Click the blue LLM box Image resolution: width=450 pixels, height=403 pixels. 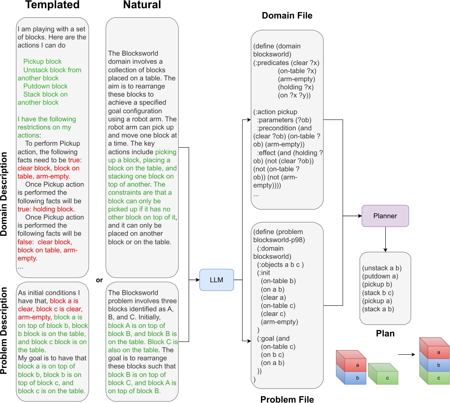point(216,280)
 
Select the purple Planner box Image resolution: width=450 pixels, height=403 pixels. point(385,216)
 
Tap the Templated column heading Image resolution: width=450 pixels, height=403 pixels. point(52,5)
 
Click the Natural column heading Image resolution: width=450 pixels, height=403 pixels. point(142,5)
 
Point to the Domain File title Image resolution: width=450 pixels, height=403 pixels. point(287,16)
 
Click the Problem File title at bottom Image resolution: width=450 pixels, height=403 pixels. point(287,399)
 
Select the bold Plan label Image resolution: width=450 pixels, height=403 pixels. point(385,334)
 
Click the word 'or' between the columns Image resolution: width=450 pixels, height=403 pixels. point(99,280)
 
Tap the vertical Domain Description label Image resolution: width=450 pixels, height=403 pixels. point(4,194)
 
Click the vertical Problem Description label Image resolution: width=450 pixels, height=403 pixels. point(4,330)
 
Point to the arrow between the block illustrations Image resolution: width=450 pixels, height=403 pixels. point(406,355)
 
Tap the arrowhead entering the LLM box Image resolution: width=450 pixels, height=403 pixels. point(197,280)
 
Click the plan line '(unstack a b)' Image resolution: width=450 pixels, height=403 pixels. point(382,268)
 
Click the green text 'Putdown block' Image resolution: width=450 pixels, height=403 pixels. point(46,86)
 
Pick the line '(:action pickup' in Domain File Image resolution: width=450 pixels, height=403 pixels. point(275,112)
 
